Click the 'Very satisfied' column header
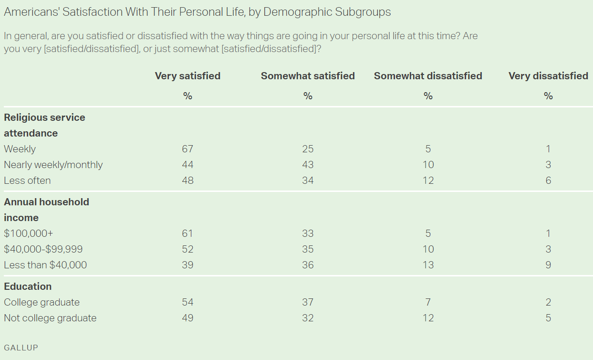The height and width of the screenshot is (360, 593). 187,76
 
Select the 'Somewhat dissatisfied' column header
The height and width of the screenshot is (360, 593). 428,76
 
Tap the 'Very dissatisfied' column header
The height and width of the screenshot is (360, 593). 548,76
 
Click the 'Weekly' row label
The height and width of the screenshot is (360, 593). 20,149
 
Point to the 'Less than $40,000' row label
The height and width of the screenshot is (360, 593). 45,265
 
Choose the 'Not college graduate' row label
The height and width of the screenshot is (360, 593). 50,318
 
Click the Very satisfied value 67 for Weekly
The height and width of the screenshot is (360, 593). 187,149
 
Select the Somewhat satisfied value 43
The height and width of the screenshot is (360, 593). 308,165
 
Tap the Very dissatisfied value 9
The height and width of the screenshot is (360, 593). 548,265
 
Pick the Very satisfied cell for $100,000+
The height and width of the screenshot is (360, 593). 187,233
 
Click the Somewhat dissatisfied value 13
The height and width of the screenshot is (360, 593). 428,265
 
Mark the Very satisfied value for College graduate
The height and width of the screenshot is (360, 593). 187,302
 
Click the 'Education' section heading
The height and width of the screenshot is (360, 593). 28,286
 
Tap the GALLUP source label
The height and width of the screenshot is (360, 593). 21,348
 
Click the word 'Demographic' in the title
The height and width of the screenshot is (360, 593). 297,12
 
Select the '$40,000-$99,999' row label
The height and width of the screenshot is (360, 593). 43,249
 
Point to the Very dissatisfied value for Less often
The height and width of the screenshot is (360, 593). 548,180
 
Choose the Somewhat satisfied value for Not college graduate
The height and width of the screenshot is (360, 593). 308,318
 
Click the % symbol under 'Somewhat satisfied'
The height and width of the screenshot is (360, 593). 308,96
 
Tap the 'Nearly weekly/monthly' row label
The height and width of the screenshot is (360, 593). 53,165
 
